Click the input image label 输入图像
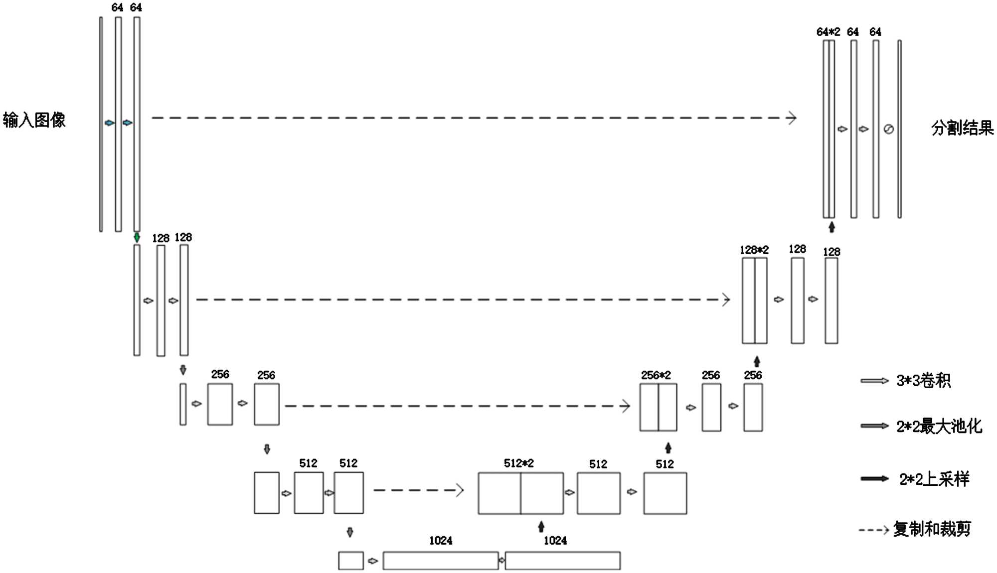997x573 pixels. point(34,120)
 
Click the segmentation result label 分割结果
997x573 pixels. point(962,128)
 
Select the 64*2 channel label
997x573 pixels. point(828,32)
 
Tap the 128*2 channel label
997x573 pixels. point(754,250)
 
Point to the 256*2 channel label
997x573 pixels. point(656,375)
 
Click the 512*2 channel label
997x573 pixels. point(518,463)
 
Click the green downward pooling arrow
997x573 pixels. point(137,238)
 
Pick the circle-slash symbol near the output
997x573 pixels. point(888,130)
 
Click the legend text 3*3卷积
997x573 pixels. point(923,381)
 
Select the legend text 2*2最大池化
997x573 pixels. point(939,427)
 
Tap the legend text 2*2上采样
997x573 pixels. point(934,479)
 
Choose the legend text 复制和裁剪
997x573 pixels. point(932,529)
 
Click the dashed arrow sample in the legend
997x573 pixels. point(874,530)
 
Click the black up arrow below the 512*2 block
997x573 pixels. point(541,527)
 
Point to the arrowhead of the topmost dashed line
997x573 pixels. point(792,118)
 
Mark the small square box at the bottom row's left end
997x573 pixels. point(351,561)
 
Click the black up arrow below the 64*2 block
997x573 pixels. point(831,227)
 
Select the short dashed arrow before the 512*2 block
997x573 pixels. point(419,490)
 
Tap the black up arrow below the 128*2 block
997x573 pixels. point(757,361)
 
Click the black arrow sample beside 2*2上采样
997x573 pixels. point(874,479)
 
